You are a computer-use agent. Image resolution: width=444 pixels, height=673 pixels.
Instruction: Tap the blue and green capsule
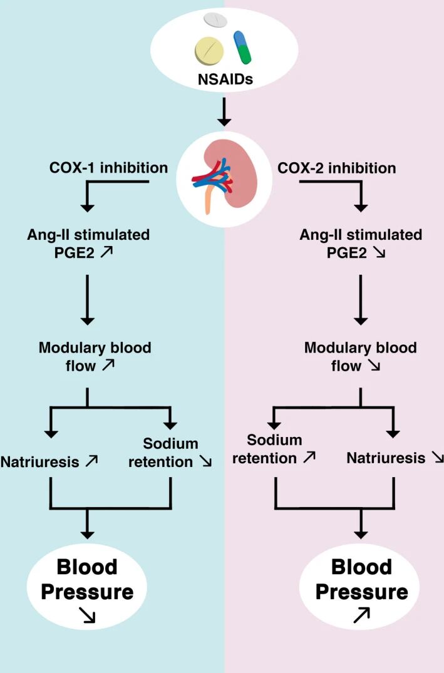tap(243, 48)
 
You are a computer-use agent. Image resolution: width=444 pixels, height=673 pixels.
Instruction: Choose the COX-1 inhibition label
tap(108, 168)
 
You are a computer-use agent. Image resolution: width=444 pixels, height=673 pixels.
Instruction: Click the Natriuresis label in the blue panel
tap(40, 462)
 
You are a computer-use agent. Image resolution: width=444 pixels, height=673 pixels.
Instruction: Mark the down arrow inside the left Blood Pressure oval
tap(87, 617)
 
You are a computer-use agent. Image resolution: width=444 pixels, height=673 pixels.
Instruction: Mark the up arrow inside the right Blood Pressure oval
tap(361, 617)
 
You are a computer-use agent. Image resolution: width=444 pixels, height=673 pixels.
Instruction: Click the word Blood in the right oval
tap(361, 567)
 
